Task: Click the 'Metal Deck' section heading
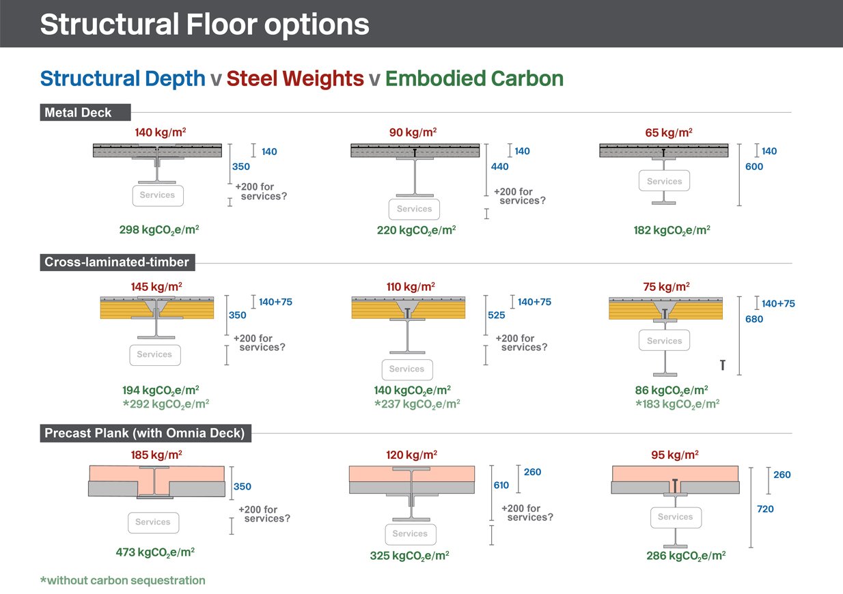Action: [x=78, y=113]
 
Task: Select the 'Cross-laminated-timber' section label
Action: [x=117, y=261]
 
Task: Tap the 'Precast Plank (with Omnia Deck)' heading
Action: [x=145, y=433]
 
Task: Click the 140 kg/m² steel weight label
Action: [x=161, y=132]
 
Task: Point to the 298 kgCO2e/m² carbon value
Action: [x=159, y=230]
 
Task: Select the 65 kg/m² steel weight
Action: [x=669, y=132]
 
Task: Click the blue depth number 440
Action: [x=500, y=167]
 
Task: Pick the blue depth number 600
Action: [x=754, y=167]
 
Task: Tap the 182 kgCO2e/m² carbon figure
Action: [x=672, y=230]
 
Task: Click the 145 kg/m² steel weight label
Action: [x=156, y=287]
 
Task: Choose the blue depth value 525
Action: [x=497, y=315]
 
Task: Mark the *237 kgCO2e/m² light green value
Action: [x=417, y=404]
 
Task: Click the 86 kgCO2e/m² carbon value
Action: [x=672, y=390]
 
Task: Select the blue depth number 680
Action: [x=754, y=319]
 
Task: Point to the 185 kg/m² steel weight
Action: [x=156, y=455]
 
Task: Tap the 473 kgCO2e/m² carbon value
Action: [x=155, y=552]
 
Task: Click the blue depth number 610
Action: [x=501, y=485]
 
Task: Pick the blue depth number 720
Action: [x=765, y=509]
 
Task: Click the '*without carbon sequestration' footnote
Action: [x=123, y=580]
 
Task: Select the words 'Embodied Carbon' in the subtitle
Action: [x=474, y=79]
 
